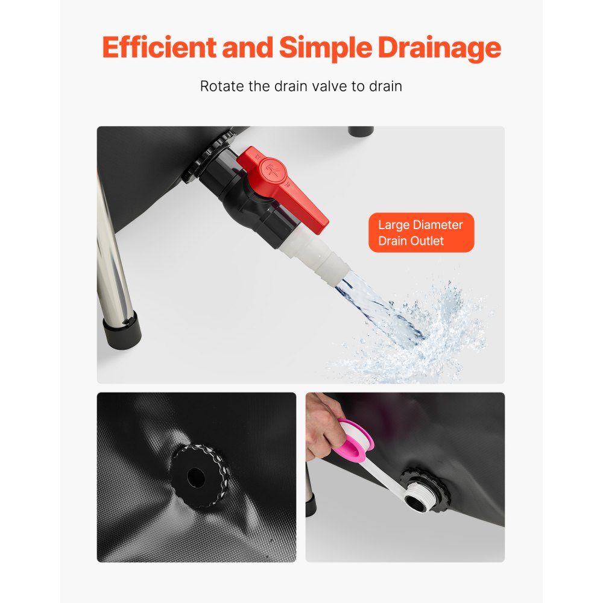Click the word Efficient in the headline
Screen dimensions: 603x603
point(159,47)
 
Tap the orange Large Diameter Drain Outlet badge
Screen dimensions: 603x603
point(421,233)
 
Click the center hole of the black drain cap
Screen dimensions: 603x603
point(196,477)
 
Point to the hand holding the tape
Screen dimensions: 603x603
point(324,424)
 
